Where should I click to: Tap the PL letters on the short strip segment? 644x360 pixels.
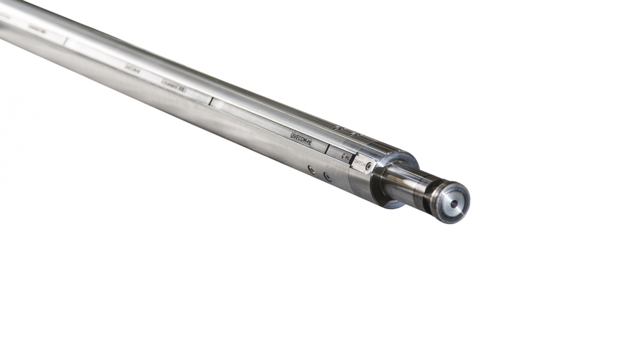click(x=345, y=157)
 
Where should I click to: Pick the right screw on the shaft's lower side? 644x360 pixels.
click(x=327, y=176)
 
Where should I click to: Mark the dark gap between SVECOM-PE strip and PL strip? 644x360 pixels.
click(x=327, y=148)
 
